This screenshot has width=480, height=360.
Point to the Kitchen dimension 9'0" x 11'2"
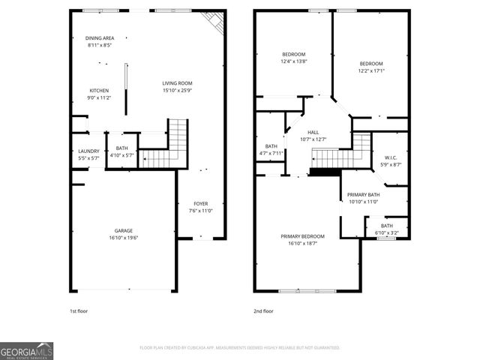(x=100, y=97)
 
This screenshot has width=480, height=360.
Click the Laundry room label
(x=88, y=151)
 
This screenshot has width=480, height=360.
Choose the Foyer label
(x=201, y=203)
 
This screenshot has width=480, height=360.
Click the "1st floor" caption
(x=78, y=310)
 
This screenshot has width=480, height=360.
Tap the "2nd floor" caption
(x=263, y=310)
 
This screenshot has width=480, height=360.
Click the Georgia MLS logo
(x=26, y=350)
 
